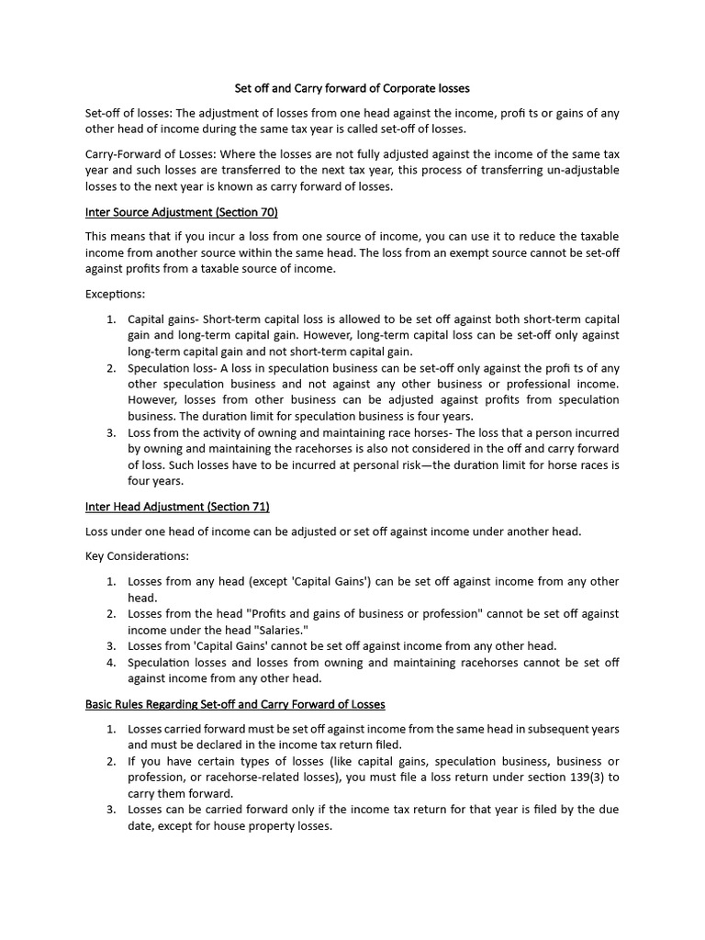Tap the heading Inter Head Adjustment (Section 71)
pyautogui.click(x=177, y=506)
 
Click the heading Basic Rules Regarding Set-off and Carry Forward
pyautogui.click(x=235, y=704)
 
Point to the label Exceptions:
pyautogui.click(x=115, y=295)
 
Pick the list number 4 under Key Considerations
pyautogui.click(x=110, y=662)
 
